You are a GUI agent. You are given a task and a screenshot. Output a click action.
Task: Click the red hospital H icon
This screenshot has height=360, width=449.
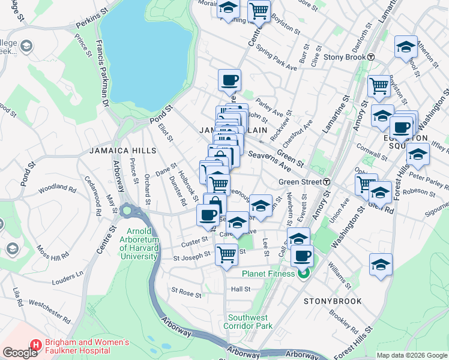[35, 346]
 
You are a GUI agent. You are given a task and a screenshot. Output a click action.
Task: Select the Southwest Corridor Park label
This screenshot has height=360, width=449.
[250, 322]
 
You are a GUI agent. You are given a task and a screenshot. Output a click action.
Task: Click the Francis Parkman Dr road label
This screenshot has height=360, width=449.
[100, 72]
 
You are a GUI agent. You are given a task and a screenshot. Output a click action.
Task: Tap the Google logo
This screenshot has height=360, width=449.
[20, 353]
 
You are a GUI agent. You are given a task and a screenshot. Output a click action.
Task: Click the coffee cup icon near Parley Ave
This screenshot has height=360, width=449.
[231, 80]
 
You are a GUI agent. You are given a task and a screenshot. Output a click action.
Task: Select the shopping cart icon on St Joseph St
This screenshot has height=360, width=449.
[226, 255]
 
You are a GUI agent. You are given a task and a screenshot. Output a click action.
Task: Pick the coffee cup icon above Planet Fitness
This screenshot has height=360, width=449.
[303, 256]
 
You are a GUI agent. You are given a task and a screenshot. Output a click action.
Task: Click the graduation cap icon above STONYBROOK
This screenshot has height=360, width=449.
[381, 264]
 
